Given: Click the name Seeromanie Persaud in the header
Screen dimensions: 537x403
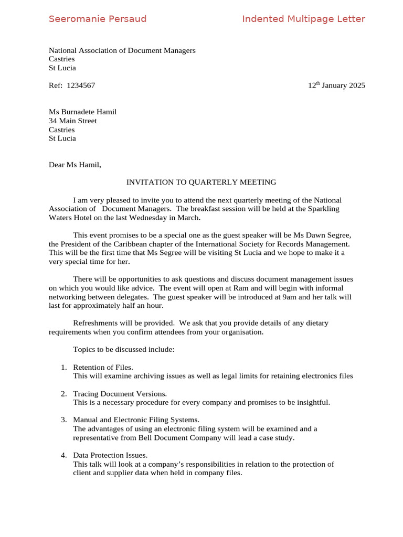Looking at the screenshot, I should [98, 19].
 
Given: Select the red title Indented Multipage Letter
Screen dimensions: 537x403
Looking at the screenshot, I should [303, 19].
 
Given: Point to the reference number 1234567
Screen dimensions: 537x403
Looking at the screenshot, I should [81, 85].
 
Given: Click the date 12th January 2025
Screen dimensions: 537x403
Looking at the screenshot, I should [336, 85].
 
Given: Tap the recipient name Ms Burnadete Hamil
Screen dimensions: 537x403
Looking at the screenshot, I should [82, 112].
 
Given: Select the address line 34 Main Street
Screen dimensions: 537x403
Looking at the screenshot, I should [73, 121].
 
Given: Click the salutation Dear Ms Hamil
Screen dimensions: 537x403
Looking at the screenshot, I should [75, 165].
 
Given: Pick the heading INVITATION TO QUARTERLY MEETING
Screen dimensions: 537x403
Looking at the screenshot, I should [201, 182].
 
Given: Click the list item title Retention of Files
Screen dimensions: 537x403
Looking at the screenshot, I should [103, 367].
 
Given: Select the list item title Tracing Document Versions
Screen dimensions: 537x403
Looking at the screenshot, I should [120, 393].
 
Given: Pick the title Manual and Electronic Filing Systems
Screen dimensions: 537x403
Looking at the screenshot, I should [136, 420].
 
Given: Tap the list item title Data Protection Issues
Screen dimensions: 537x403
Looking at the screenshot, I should [110, 455].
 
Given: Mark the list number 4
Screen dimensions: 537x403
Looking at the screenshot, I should [63, 455].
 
